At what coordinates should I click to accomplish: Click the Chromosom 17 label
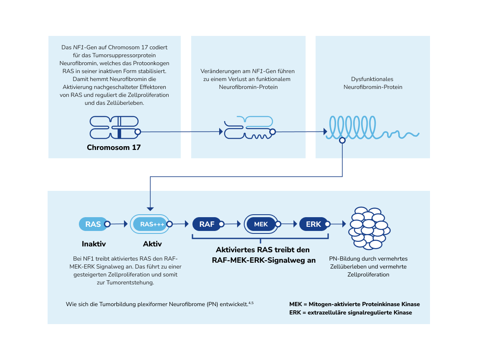pos(114,147)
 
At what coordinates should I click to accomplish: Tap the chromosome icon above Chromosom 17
pos(114,127)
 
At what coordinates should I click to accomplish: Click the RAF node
pos(207,224)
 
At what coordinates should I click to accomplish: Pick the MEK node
pos(261,224)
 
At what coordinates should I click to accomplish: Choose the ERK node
pos(313,224)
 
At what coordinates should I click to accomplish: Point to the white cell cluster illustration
pos(369,228)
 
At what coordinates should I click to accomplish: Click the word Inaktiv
pos(94,244)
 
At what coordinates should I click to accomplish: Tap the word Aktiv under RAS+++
pos(152,244)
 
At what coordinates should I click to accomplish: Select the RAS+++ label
pos(152,224)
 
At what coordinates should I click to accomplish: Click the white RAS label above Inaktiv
pos(93,224)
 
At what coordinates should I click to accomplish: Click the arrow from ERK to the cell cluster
pos(339,224)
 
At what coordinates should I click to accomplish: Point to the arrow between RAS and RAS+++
pos(119,224)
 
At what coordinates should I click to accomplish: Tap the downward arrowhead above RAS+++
pos(150,208)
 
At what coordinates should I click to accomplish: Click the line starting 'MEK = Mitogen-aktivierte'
pos(354,304)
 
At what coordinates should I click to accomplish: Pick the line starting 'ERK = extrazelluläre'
pos(350,312)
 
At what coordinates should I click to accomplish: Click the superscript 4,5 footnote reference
pos(250,302)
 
